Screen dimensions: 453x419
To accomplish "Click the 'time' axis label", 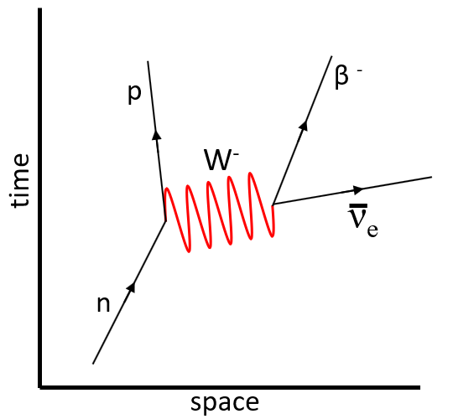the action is [20, 180].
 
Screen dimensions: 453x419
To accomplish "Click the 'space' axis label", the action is [225, 403].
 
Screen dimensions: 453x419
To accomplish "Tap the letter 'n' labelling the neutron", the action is [103, 304].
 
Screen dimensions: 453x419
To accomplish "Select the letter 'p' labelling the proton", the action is [134, 95].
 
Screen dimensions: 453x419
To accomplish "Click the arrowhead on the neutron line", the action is [132, 287].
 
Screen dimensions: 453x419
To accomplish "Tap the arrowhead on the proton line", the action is [157, 135].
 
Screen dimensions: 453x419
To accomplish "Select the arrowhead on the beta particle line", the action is [304, 126].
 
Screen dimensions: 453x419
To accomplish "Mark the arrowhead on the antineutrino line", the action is [358, 189].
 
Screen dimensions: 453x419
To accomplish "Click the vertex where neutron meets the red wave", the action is [165, 220].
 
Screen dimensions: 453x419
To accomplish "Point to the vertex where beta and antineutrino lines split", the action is [273, 204].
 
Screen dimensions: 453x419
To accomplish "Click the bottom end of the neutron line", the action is [93, 364].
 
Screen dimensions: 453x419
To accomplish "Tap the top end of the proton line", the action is [148, 61].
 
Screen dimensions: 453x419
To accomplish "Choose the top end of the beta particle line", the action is [331, 56].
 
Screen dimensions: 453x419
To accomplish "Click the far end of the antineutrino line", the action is [432, 177].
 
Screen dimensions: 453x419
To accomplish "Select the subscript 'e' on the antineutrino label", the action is [372, 230].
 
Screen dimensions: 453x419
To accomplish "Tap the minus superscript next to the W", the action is [237, 155].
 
